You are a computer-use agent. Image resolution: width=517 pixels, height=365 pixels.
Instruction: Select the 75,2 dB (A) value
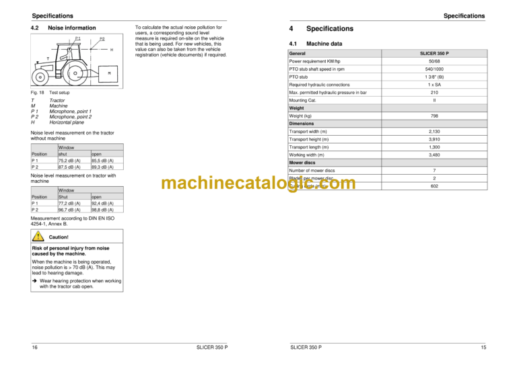tap(69, 161)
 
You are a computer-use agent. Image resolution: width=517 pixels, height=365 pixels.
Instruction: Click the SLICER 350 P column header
tap(434, 52)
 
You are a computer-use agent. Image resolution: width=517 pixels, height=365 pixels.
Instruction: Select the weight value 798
tap(434, 116)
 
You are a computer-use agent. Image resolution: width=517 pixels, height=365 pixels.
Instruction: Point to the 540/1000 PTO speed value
tap(434, 69)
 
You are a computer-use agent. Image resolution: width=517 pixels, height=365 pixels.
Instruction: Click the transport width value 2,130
tap(434, 131)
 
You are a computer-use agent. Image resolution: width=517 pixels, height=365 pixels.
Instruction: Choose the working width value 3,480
tap(434, 155)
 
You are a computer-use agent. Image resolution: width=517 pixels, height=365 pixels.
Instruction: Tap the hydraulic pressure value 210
tap(434, 92)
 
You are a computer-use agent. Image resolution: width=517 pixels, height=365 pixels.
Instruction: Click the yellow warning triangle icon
tap(40, 237)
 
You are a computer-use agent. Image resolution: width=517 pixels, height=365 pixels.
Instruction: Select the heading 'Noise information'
tap(71, 28)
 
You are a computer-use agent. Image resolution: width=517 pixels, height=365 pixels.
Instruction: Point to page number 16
tap(35, 346)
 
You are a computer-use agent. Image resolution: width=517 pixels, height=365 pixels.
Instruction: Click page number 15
tap(483, 346)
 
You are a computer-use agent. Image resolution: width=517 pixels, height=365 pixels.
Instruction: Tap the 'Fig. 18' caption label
tap(38, 92)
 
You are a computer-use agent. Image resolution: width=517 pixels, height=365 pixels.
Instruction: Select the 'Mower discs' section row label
tap(303, 163)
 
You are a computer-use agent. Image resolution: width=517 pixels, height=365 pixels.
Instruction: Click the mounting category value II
tap(434, 100)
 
